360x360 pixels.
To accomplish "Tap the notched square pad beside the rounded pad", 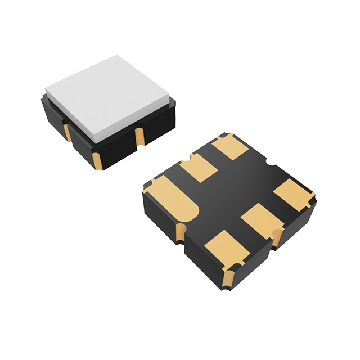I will [x=199, y=167].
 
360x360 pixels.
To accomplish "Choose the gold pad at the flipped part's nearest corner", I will [x=224, y=247].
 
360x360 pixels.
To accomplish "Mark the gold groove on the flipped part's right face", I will [x=277, y=237].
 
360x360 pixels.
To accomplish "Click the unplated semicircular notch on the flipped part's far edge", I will [x=268, y=164].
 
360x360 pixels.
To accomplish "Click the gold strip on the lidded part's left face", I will [x=67, y=132].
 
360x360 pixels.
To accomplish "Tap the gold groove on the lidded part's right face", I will [x=138, y=137].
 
